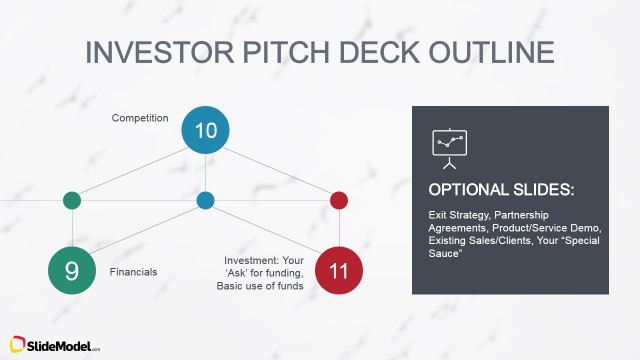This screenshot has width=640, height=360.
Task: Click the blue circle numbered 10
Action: tap(205, 130)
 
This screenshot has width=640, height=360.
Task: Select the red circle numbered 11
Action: tap(339, 271)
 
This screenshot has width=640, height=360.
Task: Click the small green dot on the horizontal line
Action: tap(72, 200)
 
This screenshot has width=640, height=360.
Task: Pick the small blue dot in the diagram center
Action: tap(205, 200)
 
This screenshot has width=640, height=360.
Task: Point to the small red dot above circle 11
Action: tap(339, 200)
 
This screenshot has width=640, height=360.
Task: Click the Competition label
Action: tap(139, 118)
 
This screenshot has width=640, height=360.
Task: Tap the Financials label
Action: tap(133, 272)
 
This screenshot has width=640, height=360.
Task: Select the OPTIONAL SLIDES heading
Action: tap(501, 190)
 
